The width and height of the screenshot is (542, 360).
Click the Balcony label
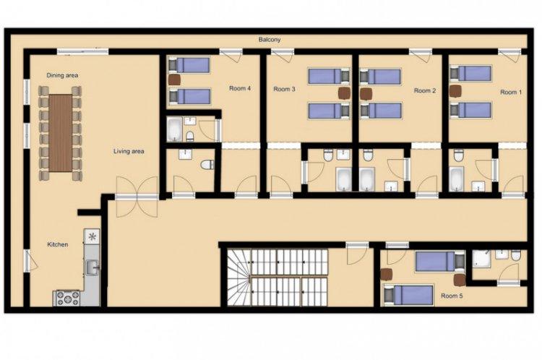click(270, 40)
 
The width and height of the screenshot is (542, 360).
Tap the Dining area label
click(62, 75)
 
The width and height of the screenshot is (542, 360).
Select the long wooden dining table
click(61, 133)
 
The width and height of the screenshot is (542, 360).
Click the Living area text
click(129, 151)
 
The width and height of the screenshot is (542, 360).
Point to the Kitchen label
click(57, 244)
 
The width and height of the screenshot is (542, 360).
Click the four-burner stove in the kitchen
click(66, 298)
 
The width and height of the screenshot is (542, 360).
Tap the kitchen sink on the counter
click(93, 267)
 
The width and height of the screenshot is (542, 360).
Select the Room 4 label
click(239, 88)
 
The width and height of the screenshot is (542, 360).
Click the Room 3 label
click(284, 89)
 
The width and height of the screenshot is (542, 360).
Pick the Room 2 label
click(425, 90)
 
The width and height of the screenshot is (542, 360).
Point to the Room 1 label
click(511, 93)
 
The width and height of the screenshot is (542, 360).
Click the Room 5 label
click(452, 296)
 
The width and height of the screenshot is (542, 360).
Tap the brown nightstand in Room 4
click(174, 80)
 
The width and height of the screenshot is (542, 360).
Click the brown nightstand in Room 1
click(455, 91)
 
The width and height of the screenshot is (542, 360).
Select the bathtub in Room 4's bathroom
click(175, 129)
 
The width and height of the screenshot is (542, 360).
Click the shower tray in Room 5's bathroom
click(481, 259)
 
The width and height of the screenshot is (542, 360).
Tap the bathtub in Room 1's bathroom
click(457, 179)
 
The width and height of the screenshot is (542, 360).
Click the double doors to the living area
click(137, 197)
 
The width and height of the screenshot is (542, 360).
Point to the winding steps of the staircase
click(239, 278)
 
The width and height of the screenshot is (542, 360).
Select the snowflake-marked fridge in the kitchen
click(92, 237)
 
